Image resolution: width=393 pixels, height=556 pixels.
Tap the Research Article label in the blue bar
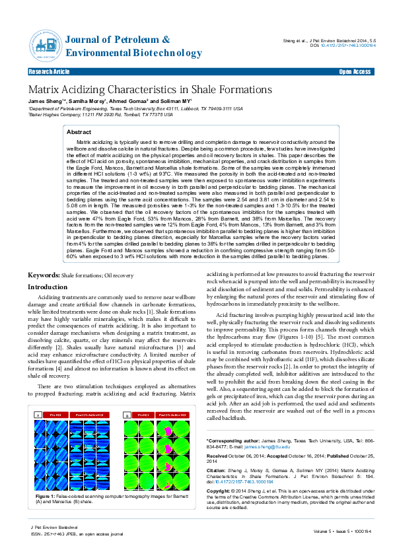(50, 71)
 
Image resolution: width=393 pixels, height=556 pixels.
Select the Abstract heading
(79, 133)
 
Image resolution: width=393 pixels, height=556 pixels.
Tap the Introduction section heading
(47, 287)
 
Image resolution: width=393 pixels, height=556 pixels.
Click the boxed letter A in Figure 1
(38, 415)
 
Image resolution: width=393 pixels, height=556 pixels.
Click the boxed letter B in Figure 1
(126, 415)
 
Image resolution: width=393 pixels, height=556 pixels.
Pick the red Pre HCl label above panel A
(55, 414)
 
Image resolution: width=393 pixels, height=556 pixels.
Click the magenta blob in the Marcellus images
(166, 431)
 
